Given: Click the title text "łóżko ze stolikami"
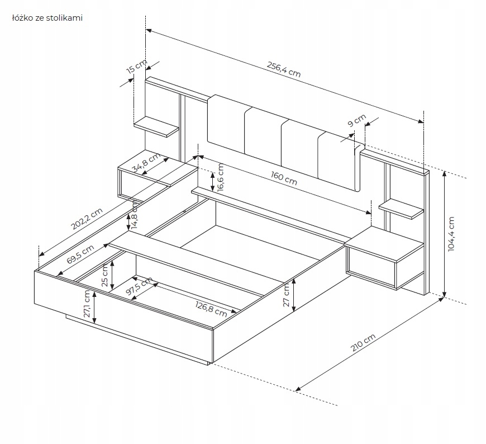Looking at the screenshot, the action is (47, 18).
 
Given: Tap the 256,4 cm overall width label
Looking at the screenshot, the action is (283, 69).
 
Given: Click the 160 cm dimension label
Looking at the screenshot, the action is (284, 178).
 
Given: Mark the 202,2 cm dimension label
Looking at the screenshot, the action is (88, 220).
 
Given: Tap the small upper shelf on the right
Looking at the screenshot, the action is (402, 208).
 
